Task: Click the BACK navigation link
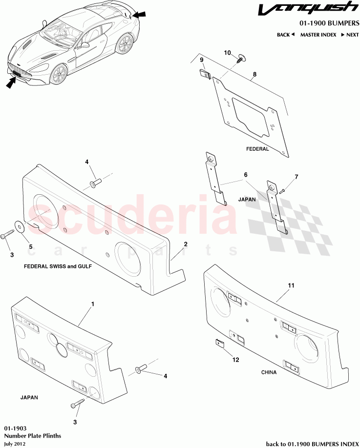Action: (285, 35)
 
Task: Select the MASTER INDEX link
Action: (318, 35)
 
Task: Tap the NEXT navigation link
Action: (350, 35)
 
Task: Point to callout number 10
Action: (227, 53)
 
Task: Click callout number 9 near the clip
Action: (202, 60)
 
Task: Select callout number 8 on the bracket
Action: (254, 74)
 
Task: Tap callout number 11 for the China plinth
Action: (291, 285)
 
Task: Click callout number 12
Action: (235, 360)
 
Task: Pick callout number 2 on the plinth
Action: (186, 244)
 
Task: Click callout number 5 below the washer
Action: (31, 247)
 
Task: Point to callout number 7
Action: (296, 177)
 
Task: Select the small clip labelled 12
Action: (219, 343)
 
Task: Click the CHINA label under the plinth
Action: (269, 372)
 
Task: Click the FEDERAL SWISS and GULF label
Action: (58, 266)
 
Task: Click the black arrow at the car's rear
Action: (139, 15)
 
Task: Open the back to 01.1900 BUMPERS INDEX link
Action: (312, 444)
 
